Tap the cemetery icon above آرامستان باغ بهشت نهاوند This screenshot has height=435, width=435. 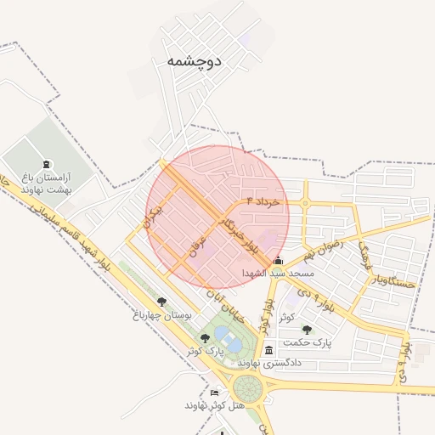[45, 164]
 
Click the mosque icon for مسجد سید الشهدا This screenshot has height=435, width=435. [278, 261]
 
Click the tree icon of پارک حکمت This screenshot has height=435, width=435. [307, 330]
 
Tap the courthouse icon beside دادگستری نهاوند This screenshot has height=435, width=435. [269, 350]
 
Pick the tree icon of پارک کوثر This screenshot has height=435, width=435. [205, 338]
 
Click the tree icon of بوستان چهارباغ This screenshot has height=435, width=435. [161, 301]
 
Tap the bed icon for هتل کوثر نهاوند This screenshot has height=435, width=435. [214, 393]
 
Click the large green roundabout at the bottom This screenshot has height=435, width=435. [248, 389]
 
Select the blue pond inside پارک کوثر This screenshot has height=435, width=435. [223, 334]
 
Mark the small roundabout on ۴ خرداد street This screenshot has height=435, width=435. [305, 203]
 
